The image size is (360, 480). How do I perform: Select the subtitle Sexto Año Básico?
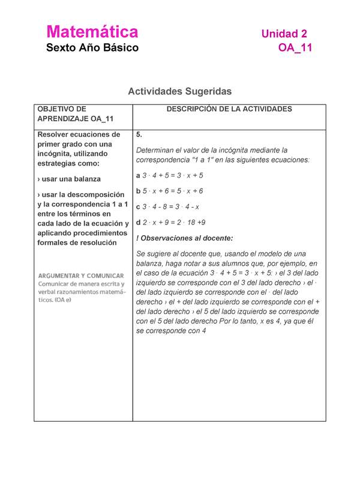pos(92,47)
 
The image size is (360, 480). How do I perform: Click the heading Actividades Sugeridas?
pos(179,91)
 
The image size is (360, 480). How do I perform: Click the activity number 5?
pos(139,134)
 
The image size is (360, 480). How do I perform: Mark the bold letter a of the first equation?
pos(139,175)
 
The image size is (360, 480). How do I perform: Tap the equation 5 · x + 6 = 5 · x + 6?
pos(173,191)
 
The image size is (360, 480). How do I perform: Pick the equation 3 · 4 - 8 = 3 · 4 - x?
pos(171,206)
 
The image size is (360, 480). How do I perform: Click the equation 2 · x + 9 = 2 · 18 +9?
pos(175,222)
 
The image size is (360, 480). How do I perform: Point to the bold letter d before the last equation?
pos(139,222)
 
